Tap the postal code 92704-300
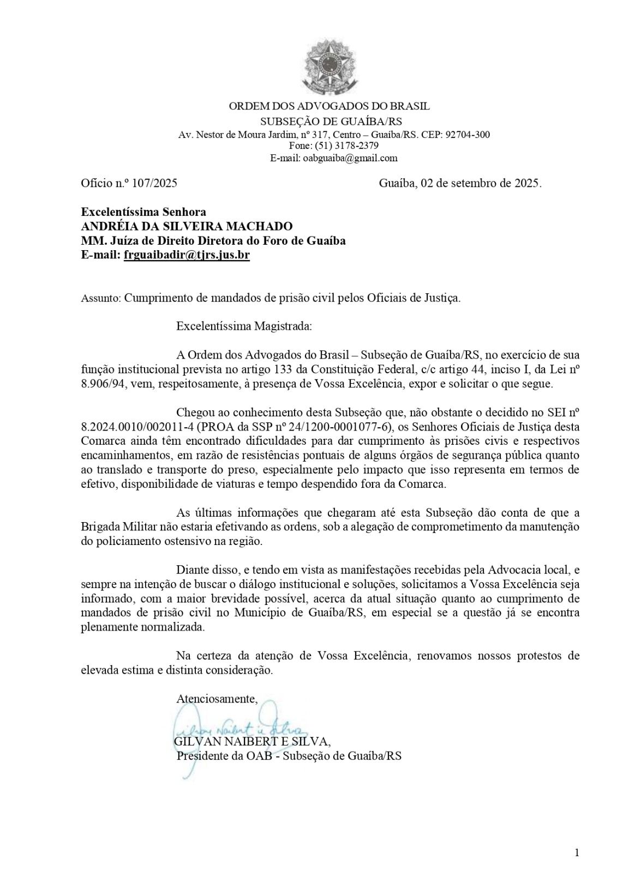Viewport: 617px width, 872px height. [x=468, y=134]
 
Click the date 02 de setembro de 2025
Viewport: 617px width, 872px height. [x=480, y=183]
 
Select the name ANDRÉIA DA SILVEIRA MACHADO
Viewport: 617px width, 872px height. [x=187, y=226]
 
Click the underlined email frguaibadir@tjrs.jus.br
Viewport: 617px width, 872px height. [x=187, y=255]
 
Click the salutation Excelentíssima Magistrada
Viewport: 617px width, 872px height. [x=244, y=327]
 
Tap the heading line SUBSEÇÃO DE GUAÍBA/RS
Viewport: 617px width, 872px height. [x=331, y=121]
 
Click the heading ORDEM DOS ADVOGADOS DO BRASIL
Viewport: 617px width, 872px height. [x=329, y=106]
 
